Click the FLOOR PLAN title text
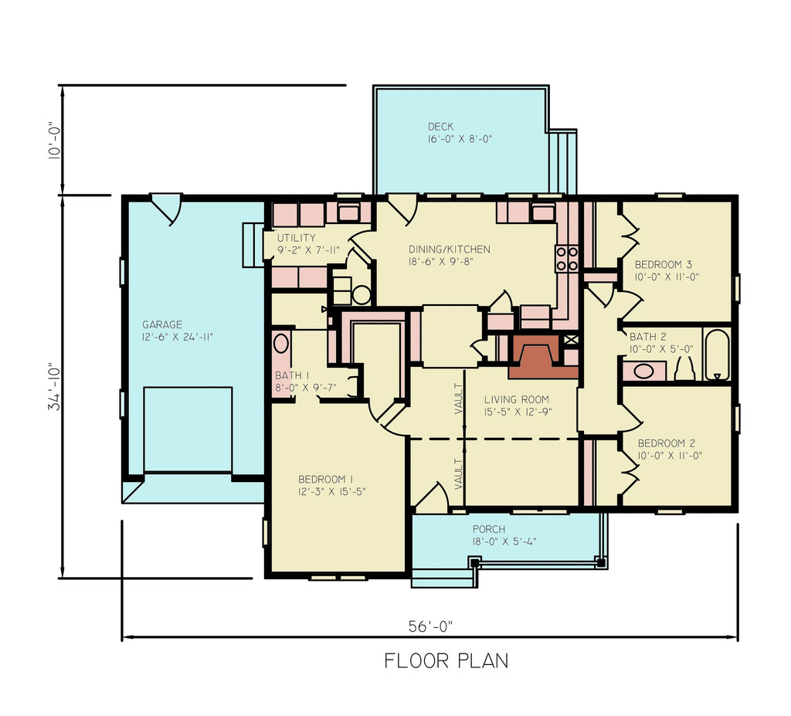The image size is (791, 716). point(446,661)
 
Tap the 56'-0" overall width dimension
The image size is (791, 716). point(430,627)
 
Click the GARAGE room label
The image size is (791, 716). point(162,324)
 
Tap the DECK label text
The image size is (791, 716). point(441,127)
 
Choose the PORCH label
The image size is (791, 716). point(489,529)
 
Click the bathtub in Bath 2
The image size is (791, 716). point(717,355)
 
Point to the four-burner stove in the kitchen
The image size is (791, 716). point(567,259)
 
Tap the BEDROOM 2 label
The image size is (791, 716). point(666,443)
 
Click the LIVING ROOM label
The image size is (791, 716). point(516,399)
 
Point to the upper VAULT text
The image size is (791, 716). point(458,399)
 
